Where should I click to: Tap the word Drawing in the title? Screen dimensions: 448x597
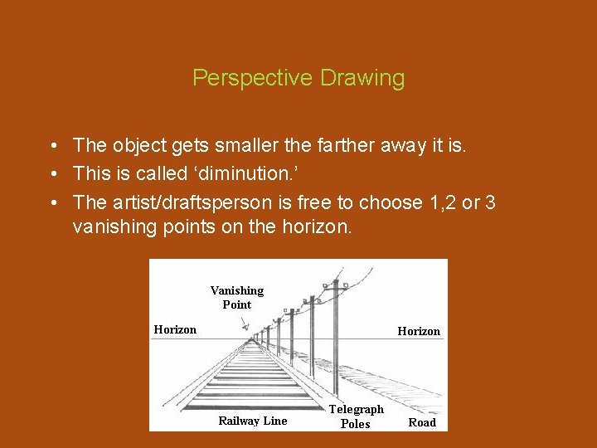362,78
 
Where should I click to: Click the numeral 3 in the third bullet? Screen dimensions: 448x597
490,202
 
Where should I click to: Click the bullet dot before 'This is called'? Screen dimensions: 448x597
52,174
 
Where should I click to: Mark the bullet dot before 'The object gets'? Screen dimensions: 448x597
52,146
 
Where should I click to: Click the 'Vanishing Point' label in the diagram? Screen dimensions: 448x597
236,297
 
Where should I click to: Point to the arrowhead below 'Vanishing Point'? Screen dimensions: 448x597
245,329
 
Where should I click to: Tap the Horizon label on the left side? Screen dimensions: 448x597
175,330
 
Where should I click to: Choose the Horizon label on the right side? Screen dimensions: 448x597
419,331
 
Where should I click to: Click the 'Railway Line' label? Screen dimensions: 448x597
252,421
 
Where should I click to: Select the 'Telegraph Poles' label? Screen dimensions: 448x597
357,416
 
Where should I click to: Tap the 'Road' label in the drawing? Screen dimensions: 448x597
422,422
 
